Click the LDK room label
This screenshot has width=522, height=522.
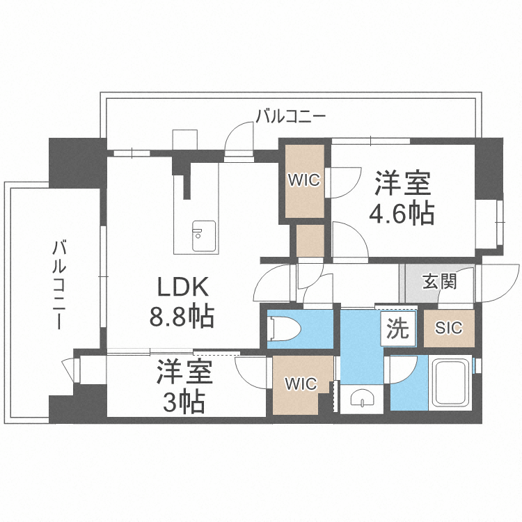pyautogui.click(x=182, y=287)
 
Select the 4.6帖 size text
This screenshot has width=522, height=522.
pyautogui.click(x=403, y=213)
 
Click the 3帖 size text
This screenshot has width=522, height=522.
pyautogui.click(x=184, y=402)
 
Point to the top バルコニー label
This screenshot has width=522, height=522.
pyautogui.click(x=290, y=116)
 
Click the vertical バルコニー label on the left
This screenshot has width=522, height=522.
pyautogui.click(x=61, y=285)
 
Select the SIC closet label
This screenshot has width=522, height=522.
pyautogui.click(x=449, y=328)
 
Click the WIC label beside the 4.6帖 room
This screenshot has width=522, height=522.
pyautogui.click(x=304, y=180)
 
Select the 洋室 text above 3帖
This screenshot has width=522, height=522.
pyautogui.click(x=184, y=372)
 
